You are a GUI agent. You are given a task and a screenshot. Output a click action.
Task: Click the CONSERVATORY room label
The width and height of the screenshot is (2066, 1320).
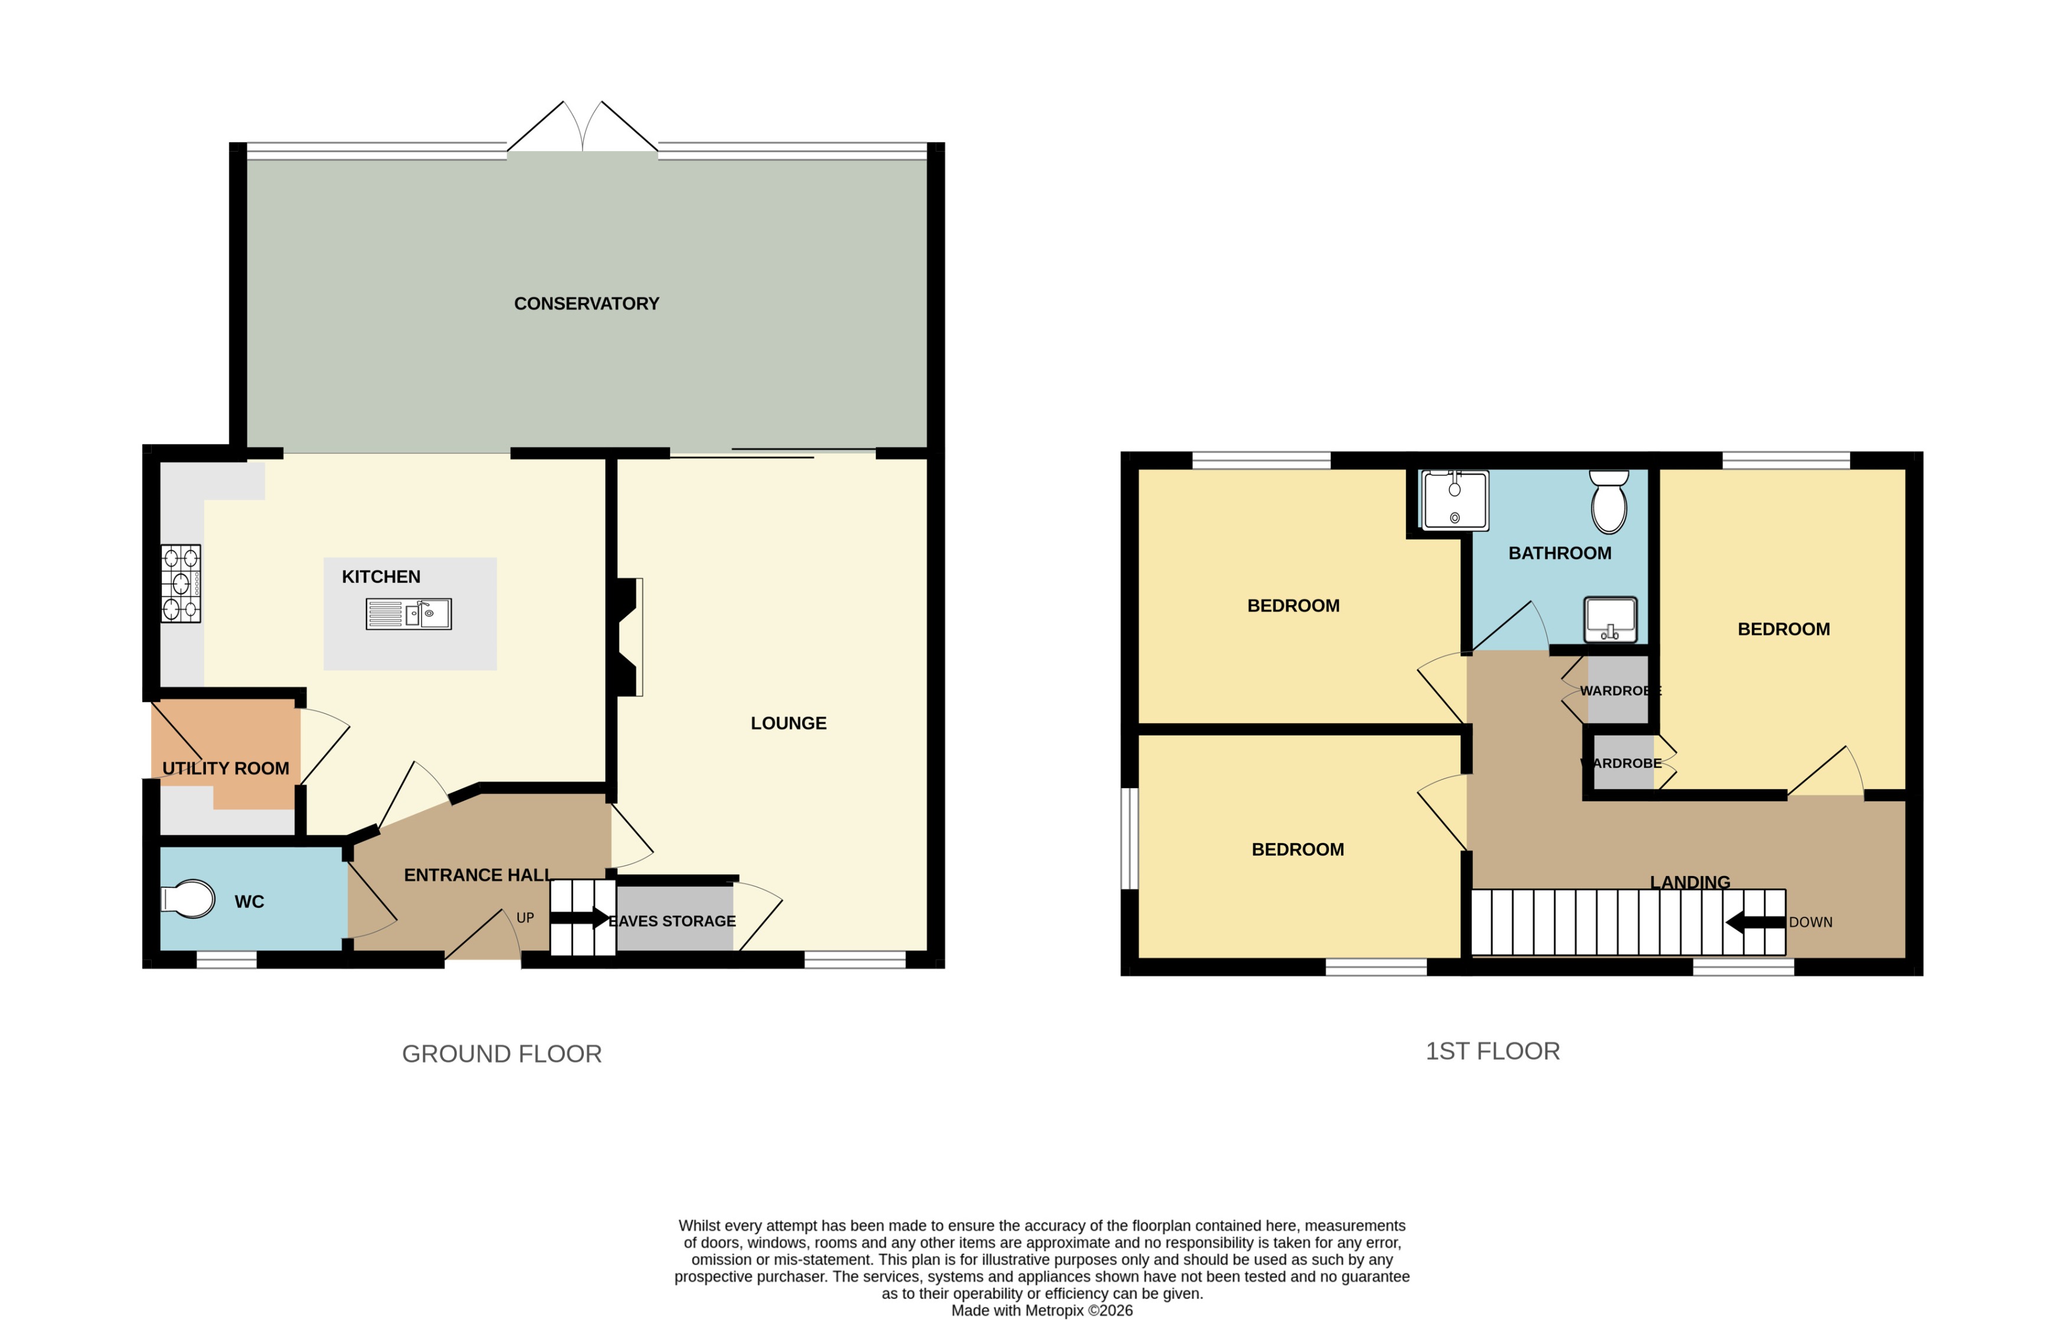586,304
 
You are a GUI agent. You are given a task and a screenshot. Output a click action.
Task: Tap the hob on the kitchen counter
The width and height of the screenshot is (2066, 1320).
181,584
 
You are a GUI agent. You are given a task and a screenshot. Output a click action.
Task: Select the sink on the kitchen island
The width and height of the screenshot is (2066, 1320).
409,613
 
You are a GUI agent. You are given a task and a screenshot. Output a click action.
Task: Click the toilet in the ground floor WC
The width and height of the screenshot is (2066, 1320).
189,900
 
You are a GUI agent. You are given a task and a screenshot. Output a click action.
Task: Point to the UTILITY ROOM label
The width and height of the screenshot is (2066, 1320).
225,768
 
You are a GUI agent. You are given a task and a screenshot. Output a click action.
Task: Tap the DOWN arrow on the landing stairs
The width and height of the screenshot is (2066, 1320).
1754,923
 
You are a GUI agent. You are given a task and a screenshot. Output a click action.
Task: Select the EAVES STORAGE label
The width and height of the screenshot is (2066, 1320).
673,921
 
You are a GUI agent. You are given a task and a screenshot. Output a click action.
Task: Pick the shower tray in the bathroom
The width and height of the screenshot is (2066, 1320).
1455,501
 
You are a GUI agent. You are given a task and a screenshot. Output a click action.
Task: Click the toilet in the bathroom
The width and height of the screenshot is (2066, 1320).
1609,502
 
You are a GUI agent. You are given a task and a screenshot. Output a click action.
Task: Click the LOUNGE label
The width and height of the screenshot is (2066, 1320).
789,724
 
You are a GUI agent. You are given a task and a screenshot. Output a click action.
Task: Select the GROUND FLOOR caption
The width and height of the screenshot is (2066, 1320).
502,1054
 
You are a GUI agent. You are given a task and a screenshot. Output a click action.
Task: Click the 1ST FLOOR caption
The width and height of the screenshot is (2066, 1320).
1492,1051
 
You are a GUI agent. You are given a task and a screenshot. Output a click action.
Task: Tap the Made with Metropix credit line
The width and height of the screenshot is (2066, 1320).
1042,1311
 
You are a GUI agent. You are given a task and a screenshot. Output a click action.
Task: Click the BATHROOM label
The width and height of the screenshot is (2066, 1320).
1559,554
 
